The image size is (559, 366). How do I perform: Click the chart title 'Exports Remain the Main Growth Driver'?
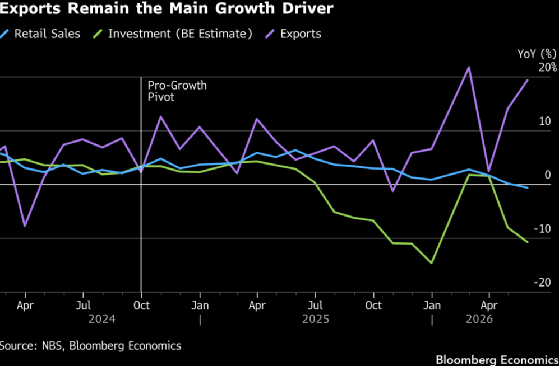pos(167,8)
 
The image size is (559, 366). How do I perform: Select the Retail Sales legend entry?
pos(40,34)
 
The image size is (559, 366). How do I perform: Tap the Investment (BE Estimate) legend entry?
pos(173,34)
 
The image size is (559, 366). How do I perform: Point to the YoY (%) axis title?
pos(537,54)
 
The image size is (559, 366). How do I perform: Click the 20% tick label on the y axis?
pos(547,67)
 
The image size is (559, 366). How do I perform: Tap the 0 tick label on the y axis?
pos(548,175)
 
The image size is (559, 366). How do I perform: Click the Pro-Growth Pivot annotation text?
pos(177,91)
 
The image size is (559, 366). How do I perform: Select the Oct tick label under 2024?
pos(141,306)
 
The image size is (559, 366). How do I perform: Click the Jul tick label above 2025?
pos(315,306)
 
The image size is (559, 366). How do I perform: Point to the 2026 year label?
pos(479,319)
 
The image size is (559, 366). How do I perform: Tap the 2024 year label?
pos(102,319)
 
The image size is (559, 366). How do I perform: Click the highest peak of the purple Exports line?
pos(469,67)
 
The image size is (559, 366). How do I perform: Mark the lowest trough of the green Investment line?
pos(432,263)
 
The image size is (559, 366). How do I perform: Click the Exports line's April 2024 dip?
pos(25,226)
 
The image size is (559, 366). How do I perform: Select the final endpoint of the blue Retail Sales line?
pos(528,188)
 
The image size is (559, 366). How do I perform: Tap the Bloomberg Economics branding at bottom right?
pos(497,360)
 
